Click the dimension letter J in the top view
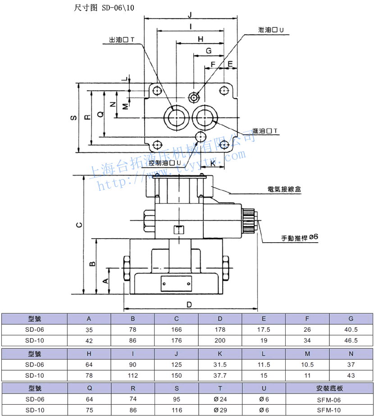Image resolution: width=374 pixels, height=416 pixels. [191, 14]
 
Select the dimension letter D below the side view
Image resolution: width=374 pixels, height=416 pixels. [189, 304]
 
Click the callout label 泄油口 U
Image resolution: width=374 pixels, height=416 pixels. [271, 31]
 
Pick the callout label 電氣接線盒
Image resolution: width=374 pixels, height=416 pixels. [284, 190]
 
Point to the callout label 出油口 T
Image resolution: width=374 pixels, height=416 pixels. [122, 40]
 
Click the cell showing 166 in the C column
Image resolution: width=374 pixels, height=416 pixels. [177, 330]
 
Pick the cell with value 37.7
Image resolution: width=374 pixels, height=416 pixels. [220, 375]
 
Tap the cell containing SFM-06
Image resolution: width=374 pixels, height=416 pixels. [329, 399]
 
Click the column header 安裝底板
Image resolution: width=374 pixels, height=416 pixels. [329, 388]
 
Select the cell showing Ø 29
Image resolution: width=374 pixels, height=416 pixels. [220, 410]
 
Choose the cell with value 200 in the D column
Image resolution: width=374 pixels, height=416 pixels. [220, 341]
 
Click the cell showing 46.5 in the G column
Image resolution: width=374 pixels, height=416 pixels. [351, 341]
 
